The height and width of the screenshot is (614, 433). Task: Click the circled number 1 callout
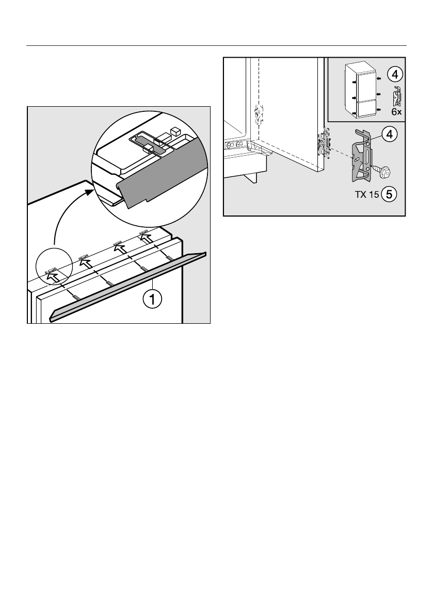153,298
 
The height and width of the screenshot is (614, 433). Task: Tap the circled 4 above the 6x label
394,74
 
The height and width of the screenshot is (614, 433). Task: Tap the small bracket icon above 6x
396,96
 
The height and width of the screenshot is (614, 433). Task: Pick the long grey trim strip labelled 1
129,286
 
